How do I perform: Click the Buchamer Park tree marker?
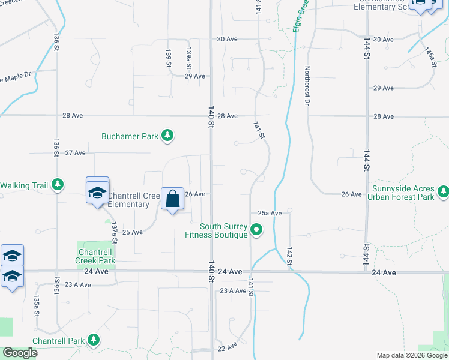[x=168, y=136]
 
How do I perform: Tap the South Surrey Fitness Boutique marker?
[x=257, y=230]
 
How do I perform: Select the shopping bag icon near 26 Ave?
[x=172, y=199]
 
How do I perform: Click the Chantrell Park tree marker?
[x=94, y=341]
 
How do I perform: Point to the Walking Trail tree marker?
[x=58, y=185]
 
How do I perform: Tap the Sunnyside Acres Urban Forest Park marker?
[x=443, y=191]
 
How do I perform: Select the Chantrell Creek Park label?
[x=95, y=256]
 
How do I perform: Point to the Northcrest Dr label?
[x=307, y=86]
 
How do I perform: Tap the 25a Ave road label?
[x=270, y=213]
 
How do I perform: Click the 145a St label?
[x=429, y=58]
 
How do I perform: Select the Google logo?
[x=20, y=353]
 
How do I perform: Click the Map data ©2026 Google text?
[x=412, y=355]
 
